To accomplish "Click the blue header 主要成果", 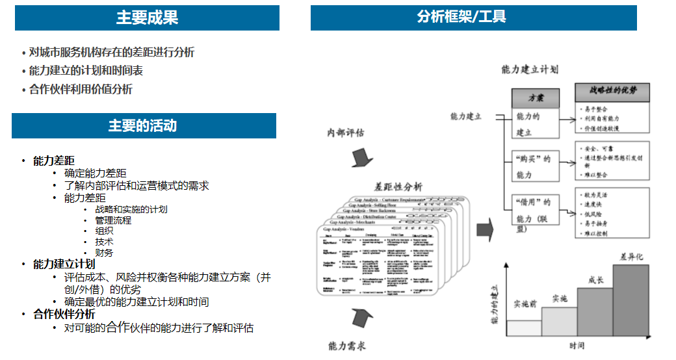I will pos(147,18).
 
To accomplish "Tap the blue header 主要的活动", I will pos(143,125).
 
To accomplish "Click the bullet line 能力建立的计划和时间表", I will pos(86,71).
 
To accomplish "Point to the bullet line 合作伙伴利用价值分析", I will pos(81,90).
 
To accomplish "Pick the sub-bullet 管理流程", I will pos(113,220).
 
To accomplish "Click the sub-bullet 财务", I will pos(104,253).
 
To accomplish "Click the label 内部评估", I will pos(345,133).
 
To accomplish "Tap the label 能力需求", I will pos(347,345).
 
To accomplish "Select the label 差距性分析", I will pos(398,186).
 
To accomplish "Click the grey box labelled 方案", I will pos(536,99).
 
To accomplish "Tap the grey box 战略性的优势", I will pos(613,92).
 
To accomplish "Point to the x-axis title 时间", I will pos(577,345).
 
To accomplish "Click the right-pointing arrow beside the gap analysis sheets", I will pos(484,229).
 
